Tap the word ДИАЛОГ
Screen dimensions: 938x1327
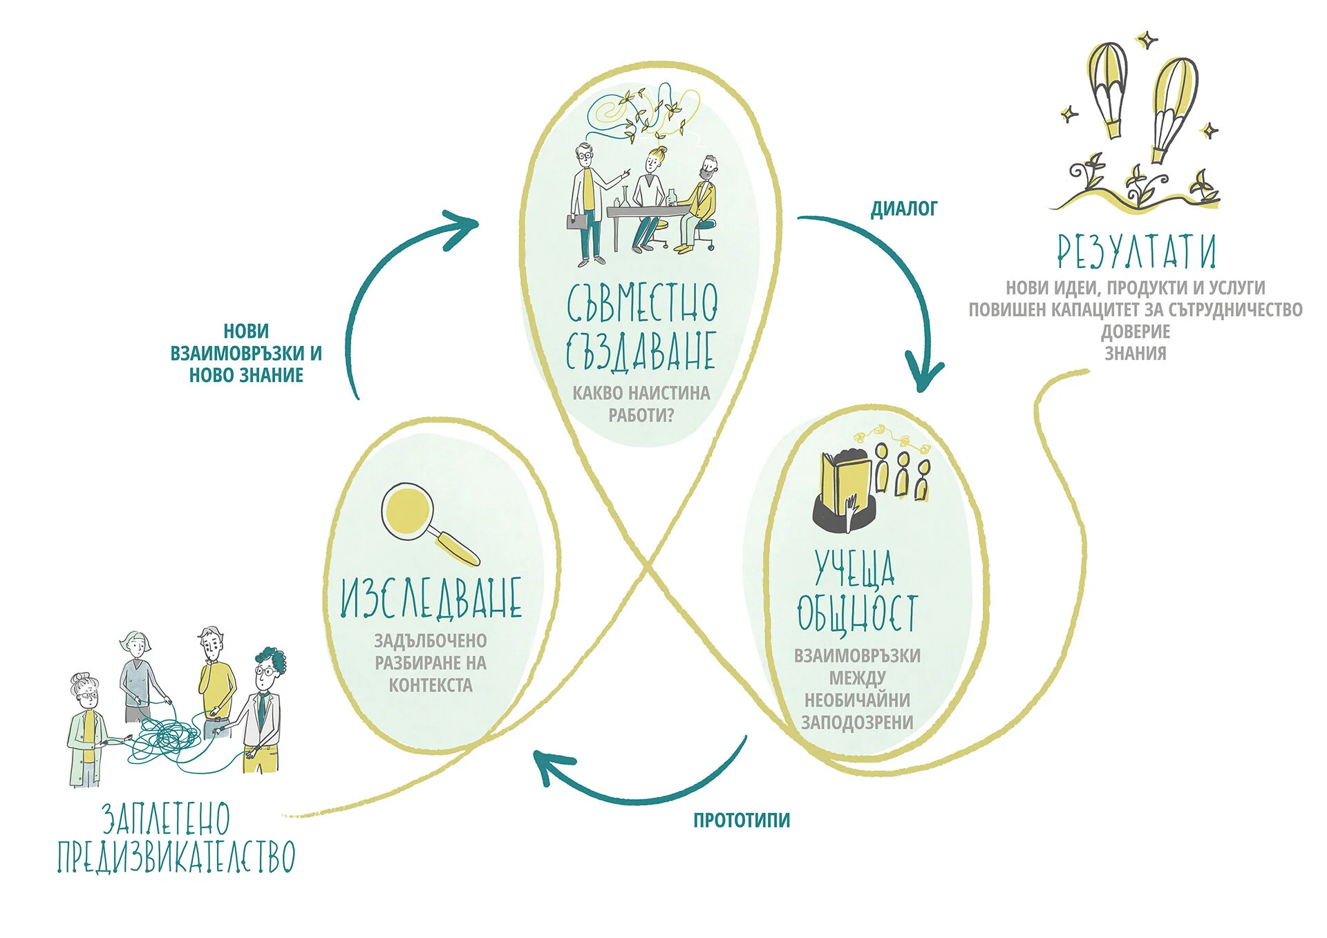tap(903, 209)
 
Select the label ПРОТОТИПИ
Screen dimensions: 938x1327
tap(741, 820)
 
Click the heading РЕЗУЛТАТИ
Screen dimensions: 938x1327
tap(1136, 251)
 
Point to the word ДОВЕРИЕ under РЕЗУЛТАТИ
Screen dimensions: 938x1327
tap(1135, 332)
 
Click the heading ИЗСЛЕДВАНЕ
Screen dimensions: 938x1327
tap(431, 598)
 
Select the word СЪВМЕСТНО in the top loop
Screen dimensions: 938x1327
tap(642, 303)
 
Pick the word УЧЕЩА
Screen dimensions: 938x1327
tap(854, 568)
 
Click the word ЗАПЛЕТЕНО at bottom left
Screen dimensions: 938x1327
tap(166, 819)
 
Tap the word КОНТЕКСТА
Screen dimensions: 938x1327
tap(430, 685)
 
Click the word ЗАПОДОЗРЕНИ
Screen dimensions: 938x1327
tap(857, 722)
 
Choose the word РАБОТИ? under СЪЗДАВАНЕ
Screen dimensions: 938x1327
tap(641, 415)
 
